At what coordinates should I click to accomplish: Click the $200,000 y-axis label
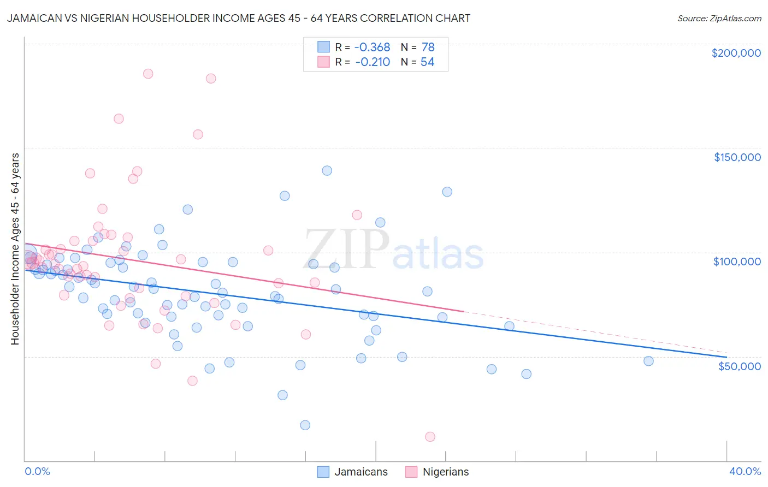point(736,53)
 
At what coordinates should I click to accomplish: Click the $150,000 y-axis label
point(737,157)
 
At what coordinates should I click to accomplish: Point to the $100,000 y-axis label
point(737,262)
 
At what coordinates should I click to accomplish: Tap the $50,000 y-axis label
point(739,366)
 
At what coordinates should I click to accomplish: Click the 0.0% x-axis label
point(37,471)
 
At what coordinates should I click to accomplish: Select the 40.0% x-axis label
point(745,471)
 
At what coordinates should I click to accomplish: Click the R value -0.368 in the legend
point(373,47)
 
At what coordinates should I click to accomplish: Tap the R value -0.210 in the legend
point(373,62)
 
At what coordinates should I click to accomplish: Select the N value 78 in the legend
point(428,47)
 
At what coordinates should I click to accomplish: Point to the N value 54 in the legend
point(427,62)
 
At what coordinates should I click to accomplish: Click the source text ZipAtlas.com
point(719,18)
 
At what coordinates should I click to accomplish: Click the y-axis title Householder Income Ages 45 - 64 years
point(15,249)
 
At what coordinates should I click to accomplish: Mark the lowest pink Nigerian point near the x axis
point(430,437)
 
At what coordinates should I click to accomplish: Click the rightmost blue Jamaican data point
point(648,361)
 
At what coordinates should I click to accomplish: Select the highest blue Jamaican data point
point(327,170)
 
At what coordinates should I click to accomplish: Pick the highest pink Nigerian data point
point(148,74)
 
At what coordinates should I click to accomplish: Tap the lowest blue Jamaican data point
point(305,425)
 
